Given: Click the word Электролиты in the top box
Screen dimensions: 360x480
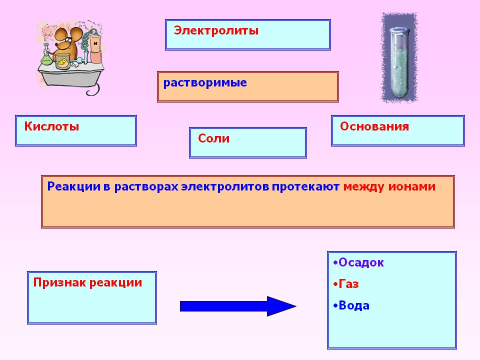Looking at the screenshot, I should [x=216, y=31].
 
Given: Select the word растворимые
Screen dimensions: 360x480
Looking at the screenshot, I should [x=205, y=83].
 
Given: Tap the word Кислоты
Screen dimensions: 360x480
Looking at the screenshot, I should [x=51, y=126].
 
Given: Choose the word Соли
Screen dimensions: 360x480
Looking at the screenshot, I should [x=213, y=139].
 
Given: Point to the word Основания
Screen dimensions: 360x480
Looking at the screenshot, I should [x=374, y=126].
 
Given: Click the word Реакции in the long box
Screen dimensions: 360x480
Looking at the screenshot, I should [x=70, y=187].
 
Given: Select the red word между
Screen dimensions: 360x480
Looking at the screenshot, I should [x=363, y=187].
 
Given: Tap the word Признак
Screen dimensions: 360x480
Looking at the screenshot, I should [x=59, y=282].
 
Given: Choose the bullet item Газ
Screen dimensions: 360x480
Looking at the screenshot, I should [x=348, y=284].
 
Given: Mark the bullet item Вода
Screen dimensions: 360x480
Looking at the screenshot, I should [x=354, y=305].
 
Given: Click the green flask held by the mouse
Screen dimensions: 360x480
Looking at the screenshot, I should [x=46, y=57].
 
